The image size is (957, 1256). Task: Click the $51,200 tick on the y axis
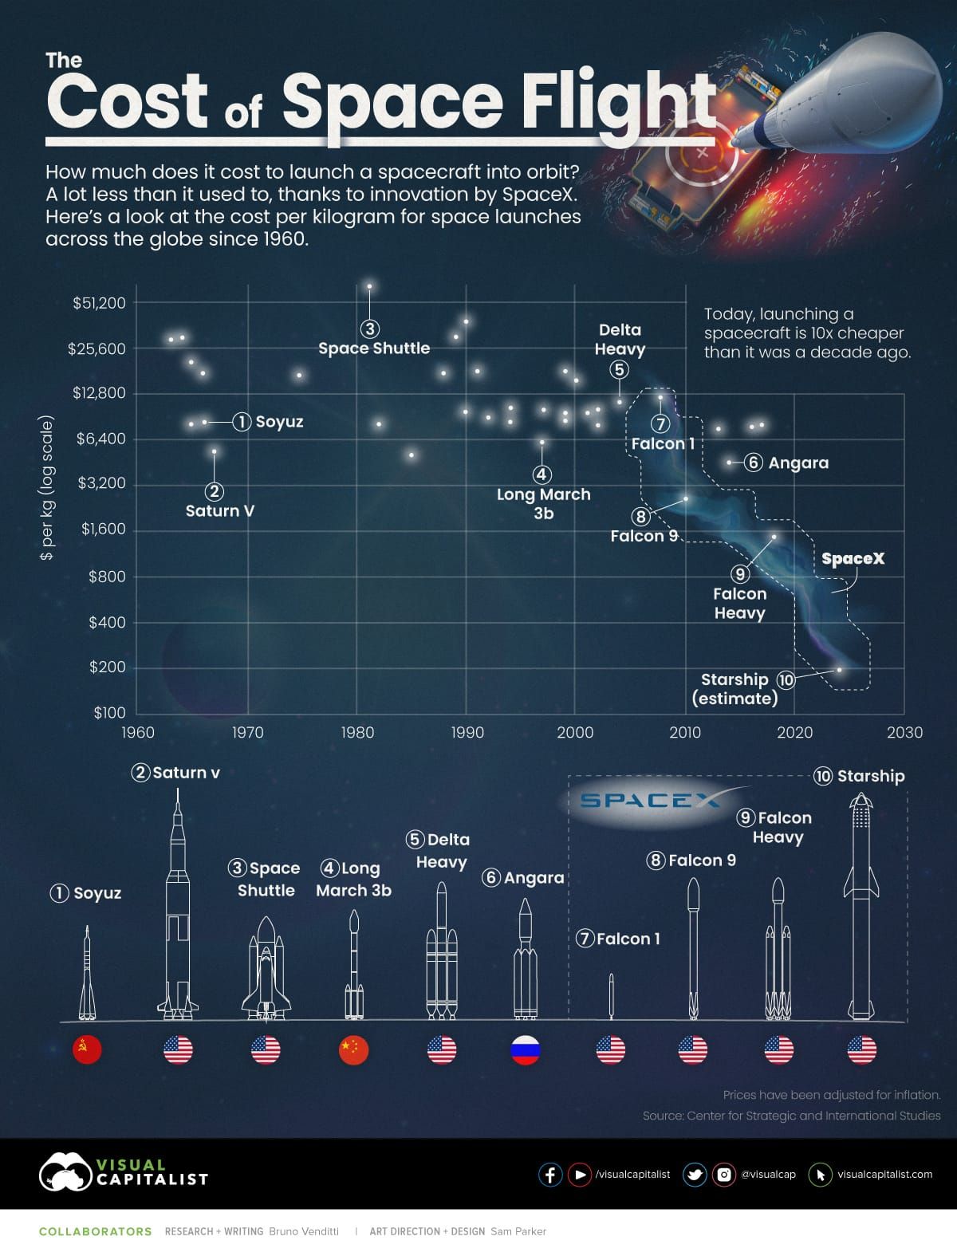click(x=99, y=303)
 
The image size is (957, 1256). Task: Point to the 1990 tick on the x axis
click(x=467, y=732)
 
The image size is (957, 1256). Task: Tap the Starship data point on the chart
click(x=839, y=670)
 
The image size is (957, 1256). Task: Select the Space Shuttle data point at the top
click(x=369, y=286)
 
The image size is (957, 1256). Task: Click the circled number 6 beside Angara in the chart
click(x=753, y=463)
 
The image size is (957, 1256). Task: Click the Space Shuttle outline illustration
click(x=266, y=969)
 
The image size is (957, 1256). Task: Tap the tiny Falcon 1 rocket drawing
click(x=611, y=996)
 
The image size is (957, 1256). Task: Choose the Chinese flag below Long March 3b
click(x=353, y=1050)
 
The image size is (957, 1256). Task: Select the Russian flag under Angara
click(x=526, y=1050)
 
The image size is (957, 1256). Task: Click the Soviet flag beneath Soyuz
click(x=87, y=1050)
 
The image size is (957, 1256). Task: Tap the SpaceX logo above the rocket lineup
click(x=650, y=800)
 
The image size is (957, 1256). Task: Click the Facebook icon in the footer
click(x=550, y=1175)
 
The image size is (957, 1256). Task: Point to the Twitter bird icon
click(x=695, y=1175)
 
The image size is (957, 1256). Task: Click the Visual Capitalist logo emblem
click(x=65, y=1172)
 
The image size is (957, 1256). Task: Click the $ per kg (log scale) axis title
click(x=47, y=487)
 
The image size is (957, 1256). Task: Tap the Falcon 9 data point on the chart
click(x=685, y=498)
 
